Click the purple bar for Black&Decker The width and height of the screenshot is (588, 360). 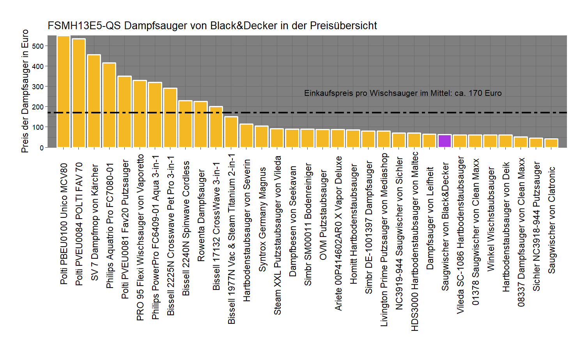click(x=445, y=141)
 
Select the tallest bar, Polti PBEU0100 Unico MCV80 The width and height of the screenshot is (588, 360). click(x=64, y=92)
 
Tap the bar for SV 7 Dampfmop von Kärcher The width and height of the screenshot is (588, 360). click(x=94, y=101)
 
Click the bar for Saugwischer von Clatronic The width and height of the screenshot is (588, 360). click(x=551, y=143)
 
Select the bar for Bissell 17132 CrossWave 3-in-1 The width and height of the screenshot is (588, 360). click(x=216, y=127)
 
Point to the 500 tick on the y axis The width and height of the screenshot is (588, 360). click(x=38, y=46)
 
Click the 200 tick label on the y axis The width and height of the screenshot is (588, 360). click(x=38, y=107)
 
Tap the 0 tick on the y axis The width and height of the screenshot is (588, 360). click(x=41, y=148)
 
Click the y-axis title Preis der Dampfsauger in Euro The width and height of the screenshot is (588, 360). click(x=25, y=91)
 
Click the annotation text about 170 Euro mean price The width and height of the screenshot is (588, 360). click(x=403, y=93)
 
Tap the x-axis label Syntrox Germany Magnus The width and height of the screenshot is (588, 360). click(x=262, y=219)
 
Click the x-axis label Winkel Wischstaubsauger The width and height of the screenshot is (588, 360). click(x=491, y=219)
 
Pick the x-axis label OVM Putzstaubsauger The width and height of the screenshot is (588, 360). click(x=323, y=215)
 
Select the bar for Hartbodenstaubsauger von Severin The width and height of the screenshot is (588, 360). click(x=246, y=136)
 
